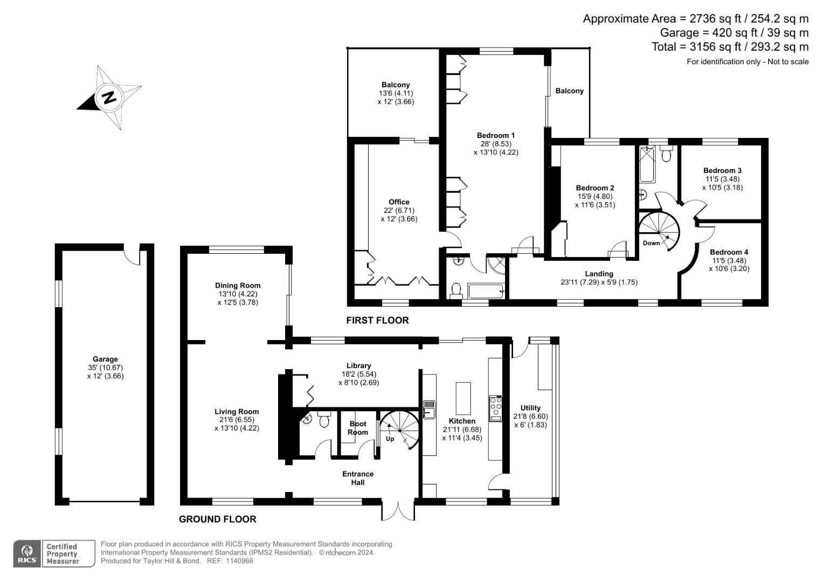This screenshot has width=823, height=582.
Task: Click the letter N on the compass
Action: [x=109, y=98]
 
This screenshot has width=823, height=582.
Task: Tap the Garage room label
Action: [x=105, y=359]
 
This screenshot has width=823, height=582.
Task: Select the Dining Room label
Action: [x=238, y=286]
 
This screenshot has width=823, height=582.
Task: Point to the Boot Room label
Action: [x=358, y=428]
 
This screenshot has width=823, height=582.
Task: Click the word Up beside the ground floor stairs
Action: [x=390, y=439]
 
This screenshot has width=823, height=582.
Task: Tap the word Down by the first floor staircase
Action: [x=651, y=243]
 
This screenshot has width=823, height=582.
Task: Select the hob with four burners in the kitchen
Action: [x=495, y=408]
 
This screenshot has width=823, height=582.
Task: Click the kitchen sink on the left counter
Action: [x=430, y=409]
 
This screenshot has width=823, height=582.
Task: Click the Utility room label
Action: [x=530, y=408]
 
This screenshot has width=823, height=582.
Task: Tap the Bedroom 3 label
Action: [x=722, y=170]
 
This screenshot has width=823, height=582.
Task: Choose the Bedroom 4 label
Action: [x=729, y=252]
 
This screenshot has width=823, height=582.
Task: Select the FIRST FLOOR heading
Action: [x=377, y=320]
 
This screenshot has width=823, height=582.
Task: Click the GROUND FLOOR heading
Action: [x=217, y=519]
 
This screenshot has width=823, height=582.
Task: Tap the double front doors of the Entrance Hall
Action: [x=398, y=510]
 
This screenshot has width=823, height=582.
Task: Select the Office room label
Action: [x=399, y=202]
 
